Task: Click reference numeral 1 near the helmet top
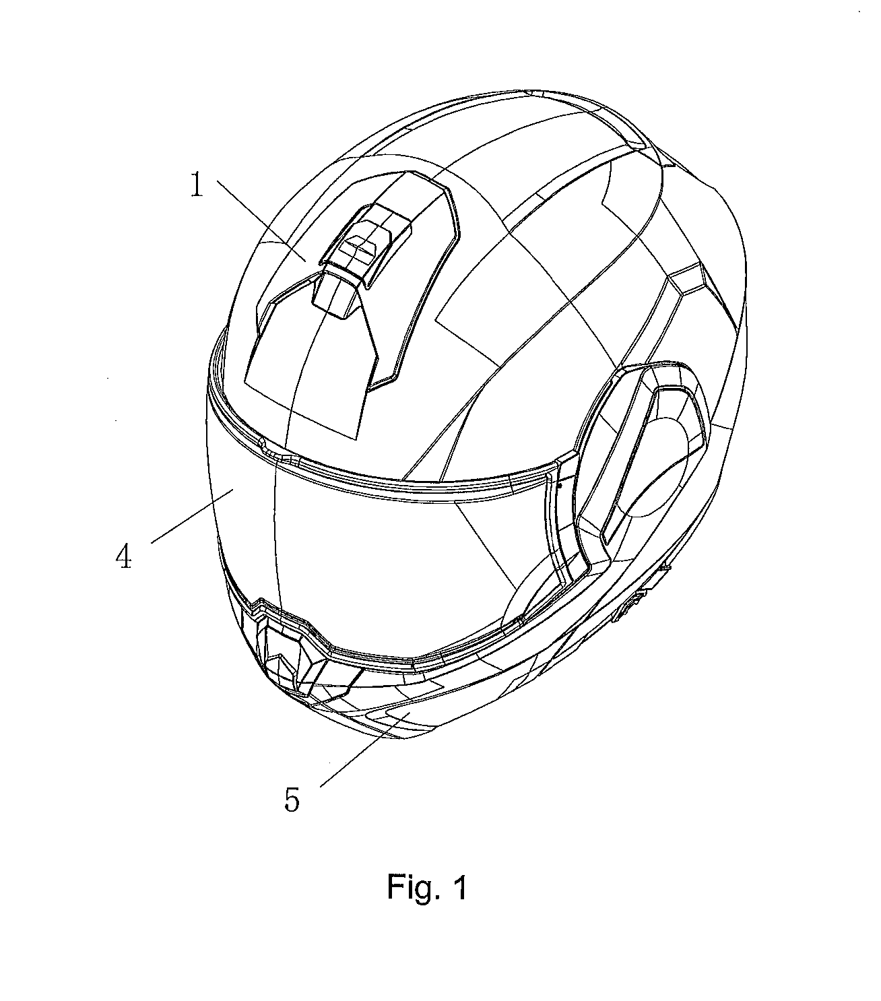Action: (197, 185)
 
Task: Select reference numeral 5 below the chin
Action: (292, 800)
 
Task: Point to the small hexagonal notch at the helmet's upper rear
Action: (688, 279)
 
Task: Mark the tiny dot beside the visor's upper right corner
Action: (559, 486)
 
